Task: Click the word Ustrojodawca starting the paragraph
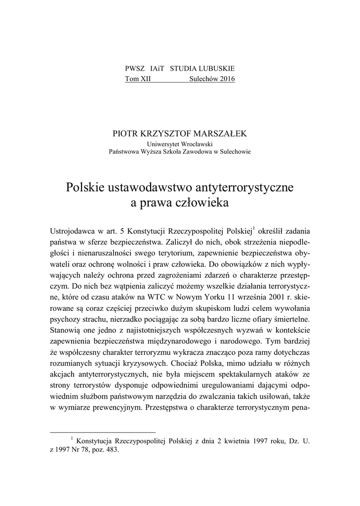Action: (73, 231)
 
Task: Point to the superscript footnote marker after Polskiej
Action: (253, 228)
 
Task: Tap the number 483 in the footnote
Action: (113, 450)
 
